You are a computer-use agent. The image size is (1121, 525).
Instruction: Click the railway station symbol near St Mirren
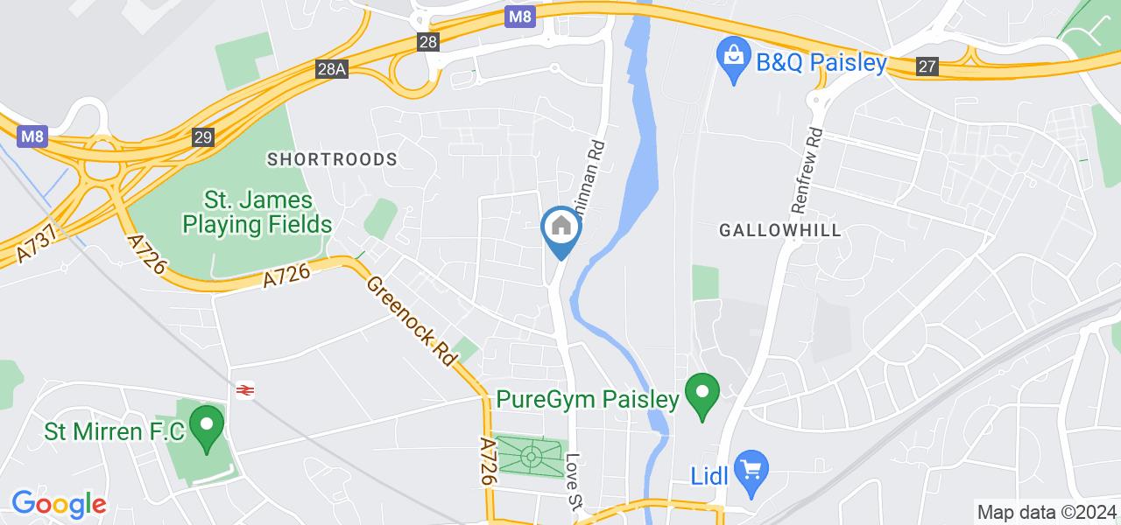tap(244, 390)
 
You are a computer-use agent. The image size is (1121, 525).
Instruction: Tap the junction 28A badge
tap(332, 68)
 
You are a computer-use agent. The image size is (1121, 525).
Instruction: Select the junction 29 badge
tap(203, 136)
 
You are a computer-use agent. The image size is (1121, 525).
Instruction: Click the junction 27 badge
tap(928, 66)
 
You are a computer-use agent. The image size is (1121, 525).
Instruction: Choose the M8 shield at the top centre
tap(520, 17)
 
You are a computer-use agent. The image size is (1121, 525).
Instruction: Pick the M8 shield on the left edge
tap(31, 136)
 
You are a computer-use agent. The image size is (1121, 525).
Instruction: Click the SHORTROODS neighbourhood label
tap(332, 159)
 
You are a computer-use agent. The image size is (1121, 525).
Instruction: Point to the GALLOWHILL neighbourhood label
tap(779, 230)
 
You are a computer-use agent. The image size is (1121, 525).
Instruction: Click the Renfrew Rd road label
tap(807, 171)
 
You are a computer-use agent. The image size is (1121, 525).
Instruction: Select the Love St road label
tap(575, 480)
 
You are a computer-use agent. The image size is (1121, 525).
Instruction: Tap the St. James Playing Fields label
tap(257, 212)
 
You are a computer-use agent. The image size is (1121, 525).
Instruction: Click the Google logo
tap(59, 505)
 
